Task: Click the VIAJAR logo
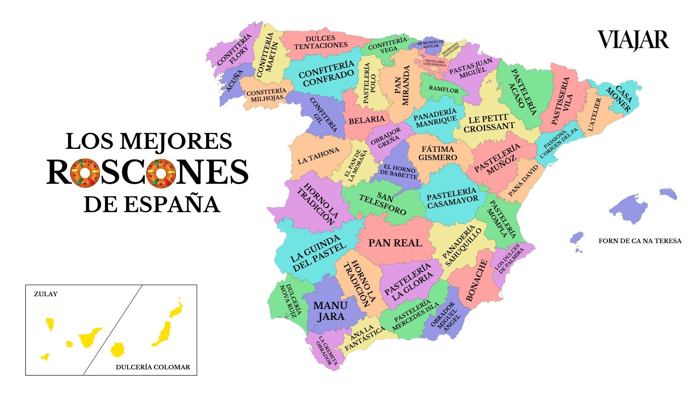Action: (x=633, y=40)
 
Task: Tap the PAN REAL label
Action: (x=395, y=243)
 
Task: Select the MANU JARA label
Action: (x=330, y=311)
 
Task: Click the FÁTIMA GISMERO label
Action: (x=438, y=153)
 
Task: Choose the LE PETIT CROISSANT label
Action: (x=489, y=123)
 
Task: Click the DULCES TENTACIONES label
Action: (x=321, y=42)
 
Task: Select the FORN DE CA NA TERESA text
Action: (x=640, y=241)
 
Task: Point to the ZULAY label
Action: (x=45, y=294)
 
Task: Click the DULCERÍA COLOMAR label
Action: (x=153, y=367)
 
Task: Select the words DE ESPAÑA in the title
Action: (x=152, y=205)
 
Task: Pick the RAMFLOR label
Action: (x=444, y=89)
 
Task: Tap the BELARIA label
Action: (x=366, y=120)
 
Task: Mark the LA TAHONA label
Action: (x=318, y=156)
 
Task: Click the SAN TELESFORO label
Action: (x=382, y=204)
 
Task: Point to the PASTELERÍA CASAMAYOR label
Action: (x=452, y=198)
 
